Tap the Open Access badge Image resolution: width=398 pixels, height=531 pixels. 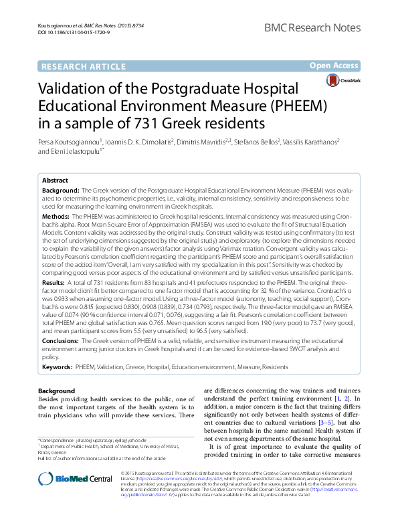(334, 66)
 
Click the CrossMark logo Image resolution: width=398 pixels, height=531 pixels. (343, 81)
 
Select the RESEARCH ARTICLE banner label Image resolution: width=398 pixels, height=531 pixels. (83, 66)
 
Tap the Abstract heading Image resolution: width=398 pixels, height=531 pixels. (55, 181)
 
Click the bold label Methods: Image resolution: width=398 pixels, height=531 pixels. (56, 217)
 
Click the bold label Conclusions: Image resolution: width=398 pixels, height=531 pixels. (62, 341)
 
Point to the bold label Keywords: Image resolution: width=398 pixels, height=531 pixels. (58, 367)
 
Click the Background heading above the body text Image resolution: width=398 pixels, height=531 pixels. (57, 391)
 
